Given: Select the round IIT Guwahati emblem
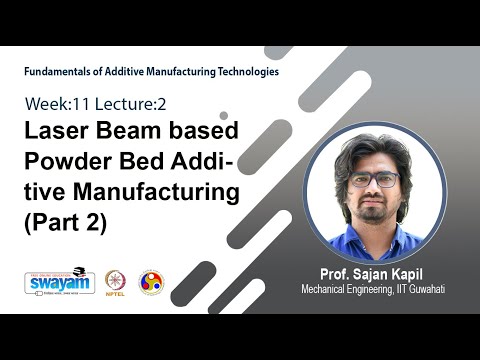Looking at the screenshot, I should [151, 282].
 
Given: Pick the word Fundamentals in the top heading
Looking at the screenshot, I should [60, 72].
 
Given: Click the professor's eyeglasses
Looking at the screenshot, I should [376, 181].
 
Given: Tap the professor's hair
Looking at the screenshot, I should [374, 150].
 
